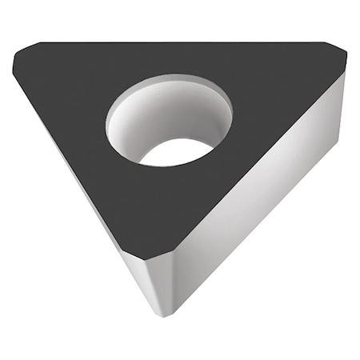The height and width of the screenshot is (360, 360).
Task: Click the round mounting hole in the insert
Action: point(169,120)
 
